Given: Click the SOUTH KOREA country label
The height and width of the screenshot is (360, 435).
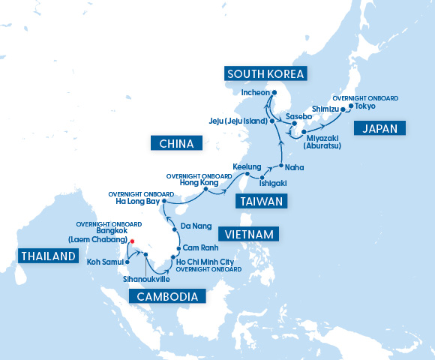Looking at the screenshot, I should click(x=265, y=73).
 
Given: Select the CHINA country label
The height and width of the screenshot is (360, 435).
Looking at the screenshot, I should click(x=172, y=143).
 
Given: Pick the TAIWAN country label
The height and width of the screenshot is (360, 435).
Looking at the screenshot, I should click(x=260, y=201).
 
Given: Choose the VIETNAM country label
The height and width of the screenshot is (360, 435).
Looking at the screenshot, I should click(x=247, y=233).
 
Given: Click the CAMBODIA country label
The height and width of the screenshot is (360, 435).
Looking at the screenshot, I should click(x=166, y=296).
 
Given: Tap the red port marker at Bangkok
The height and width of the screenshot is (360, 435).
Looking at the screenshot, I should click(x=131, y=241).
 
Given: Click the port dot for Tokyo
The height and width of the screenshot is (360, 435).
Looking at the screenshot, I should click(x=349, y=106).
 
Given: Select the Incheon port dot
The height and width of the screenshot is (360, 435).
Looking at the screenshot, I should click(x=274, y=93).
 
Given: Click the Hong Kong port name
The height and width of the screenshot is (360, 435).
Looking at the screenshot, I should click(x=199, y=182).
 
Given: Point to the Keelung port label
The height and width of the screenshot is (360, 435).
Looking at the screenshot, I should click(x=247, y=166).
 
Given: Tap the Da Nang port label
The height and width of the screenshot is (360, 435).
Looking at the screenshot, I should click(x=197, y=225).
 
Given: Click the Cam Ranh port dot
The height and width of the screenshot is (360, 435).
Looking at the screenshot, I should click(x=178, y=248).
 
